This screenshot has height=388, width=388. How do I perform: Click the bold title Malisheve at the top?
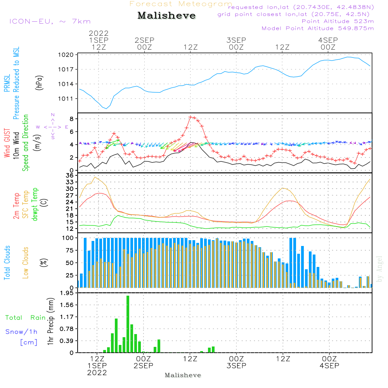tap(166, 16)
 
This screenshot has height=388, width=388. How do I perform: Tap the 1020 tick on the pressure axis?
tap(66, 55)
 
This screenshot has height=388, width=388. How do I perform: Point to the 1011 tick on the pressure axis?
tap(66, 99)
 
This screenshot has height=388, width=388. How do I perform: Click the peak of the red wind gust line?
tap(190, 117)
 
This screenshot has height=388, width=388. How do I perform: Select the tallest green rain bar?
tap(128, 324)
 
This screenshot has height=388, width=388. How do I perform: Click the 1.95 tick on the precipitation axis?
tap(67, 293)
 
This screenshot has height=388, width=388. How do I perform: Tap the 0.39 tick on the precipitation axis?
tap(67, 341)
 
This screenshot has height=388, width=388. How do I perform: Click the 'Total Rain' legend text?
tap(26, 317)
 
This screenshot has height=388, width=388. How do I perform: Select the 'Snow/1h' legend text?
tap(21, 332)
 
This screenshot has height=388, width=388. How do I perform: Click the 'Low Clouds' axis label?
tap(26, 263)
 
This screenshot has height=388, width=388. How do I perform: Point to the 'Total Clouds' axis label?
tap(7, 263)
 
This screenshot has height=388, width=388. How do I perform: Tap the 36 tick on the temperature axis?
tap(70, 175)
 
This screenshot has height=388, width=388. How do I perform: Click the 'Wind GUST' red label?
tap(7, 143)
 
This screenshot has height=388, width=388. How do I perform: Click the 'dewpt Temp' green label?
tap(35, 204)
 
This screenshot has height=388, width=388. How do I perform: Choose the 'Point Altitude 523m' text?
tap(338, 21)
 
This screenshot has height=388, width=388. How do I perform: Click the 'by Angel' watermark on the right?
tap(379, 269)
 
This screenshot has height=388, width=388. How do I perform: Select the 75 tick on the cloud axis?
tap(70, 250)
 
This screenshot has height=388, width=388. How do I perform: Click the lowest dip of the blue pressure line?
tap(106, 109)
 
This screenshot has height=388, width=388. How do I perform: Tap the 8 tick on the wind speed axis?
tap(72, 119)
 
